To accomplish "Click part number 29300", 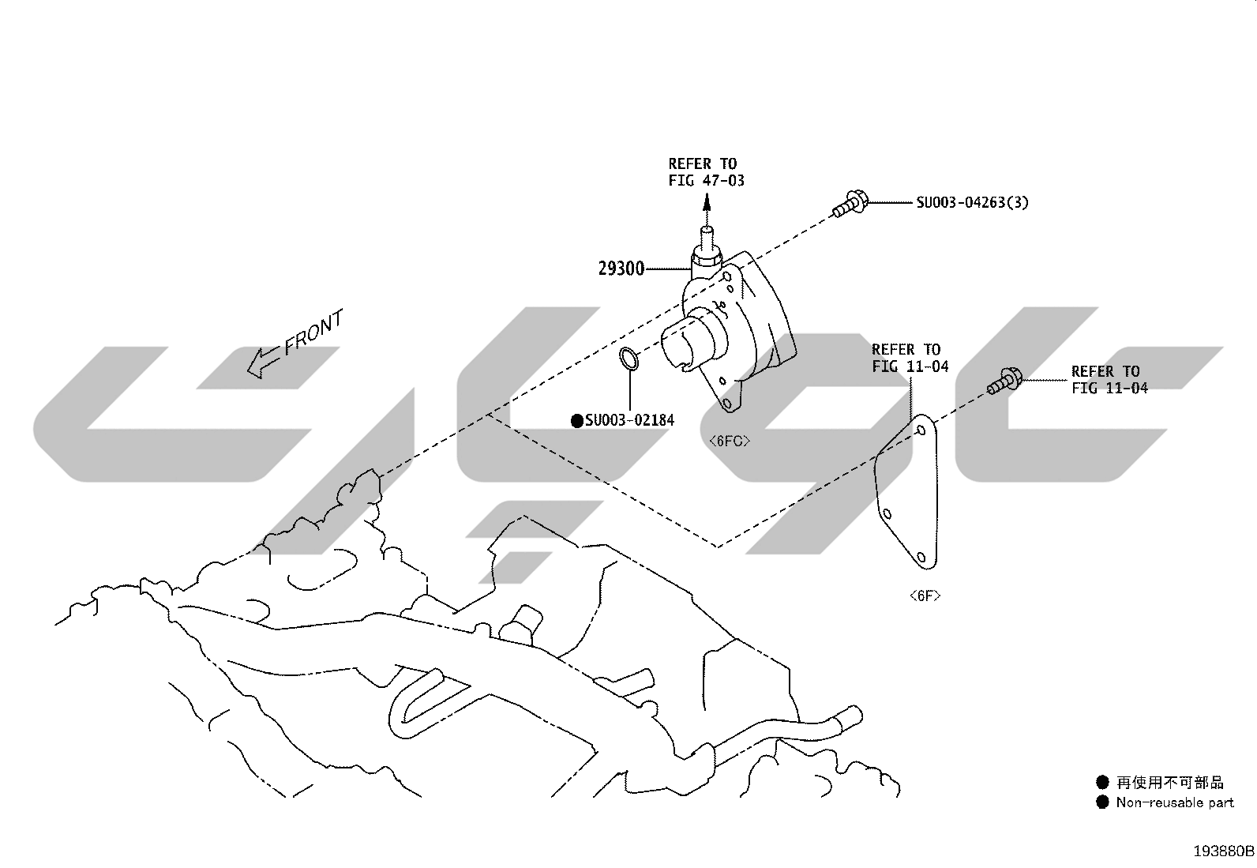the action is point(621,269).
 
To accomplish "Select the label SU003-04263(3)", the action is point(973,202).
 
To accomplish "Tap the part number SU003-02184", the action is point(629,420).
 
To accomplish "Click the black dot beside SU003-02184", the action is point(577,420).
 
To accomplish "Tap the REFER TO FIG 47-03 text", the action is point(706,172).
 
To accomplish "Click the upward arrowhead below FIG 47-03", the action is point(707,201).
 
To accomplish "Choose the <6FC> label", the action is point(730,441).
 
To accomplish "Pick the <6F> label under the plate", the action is point(925,596).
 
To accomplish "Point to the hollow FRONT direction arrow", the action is point(263,363).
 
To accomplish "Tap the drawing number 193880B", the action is point(1223,851).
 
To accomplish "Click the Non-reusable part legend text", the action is point(1175,802).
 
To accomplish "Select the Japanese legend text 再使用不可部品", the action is point(1169,782).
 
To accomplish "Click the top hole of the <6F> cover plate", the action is point(921,430).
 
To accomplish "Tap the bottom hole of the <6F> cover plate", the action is point(921,557).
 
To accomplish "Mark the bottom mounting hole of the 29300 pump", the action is point(727,403).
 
